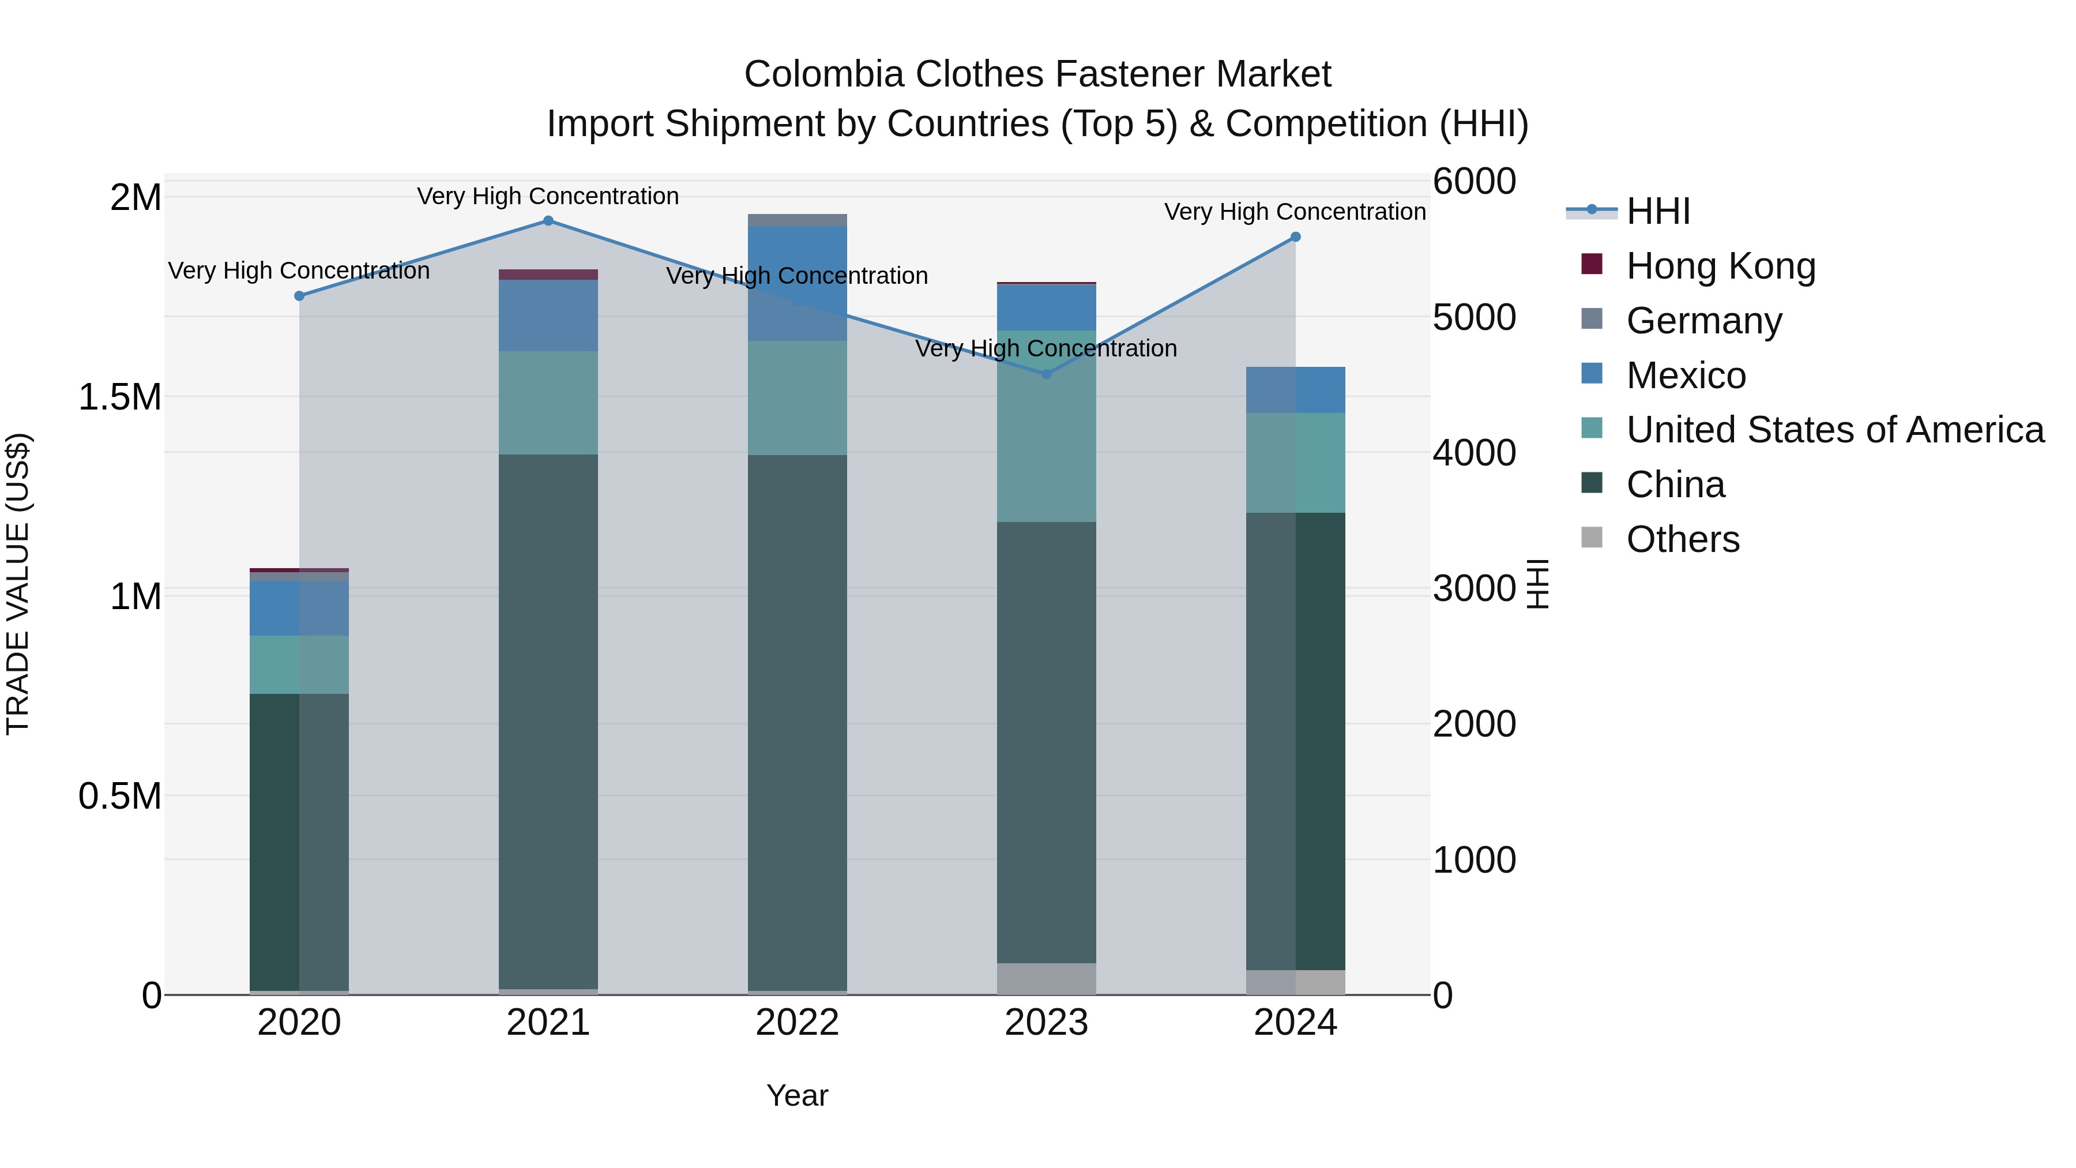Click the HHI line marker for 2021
tap(548, 221)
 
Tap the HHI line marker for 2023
tap(1046, 374)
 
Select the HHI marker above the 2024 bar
tap(1295, 237)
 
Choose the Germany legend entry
tap(1703, 321)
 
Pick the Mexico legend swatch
tap(1592, 374)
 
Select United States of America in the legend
tap(1834, 430)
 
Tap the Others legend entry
tap(1682, 539)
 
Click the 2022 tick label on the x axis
tap(797, 1023)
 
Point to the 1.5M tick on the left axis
tap(119, 397)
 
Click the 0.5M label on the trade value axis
tap(119, 797)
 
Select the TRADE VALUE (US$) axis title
tap(18, 584)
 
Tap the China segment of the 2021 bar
tap(548, 722)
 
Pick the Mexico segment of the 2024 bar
tap(1295, 390)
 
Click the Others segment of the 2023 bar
tap(1046, 979)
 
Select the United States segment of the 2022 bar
tap(797, 398)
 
